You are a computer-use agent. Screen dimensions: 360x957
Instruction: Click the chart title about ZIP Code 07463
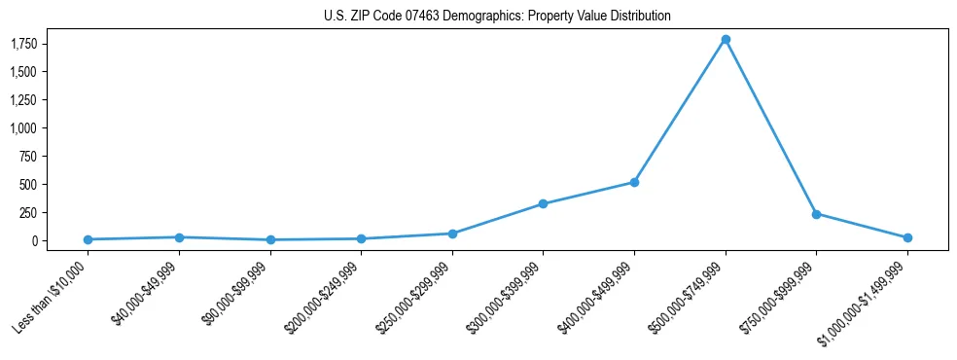[x=497, y=16]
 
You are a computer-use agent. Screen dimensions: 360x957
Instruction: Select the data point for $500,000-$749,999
[x=726, y=40]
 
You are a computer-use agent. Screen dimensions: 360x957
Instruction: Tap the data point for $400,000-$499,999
[x=634, y=182]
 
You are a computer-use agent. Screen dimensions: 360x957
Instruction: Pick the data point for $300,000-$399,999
[x=543, y=204]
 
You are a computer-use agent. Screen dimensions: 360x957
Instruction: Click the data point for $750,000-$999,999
[x=816, y=214]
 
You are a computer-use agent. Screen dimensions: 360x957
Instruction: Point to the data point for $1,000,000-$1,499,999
[x=907, y=237]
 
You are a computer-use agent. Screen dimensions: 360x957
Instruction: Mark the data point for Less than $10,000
[x=88, y=239]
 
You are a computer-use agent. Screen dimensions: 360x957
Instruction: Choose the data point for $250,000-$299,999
[x=452, y=234]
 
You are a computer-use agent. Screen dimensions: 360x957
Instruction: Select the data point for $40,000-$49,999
[x=179, y=237]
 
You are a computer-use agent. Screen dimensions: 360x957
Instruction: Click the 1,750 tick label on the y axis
[x=23, y=44]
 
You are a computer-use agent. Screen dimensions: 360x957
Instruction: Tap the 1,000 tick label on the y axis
[x=23, y=128]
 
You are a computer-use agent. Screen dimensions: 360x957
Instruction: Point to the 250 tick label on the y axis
[x=29, y=213]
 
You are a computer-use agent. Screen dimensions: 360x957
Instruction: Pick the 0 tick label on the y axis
[x=34, y=241]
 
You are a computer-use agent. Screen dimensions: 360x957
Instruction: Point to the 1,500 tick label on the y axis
[x=23, y=72]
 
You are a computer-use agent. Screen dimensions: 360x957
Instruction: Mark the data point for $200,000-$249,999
[x=361, y=238]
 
